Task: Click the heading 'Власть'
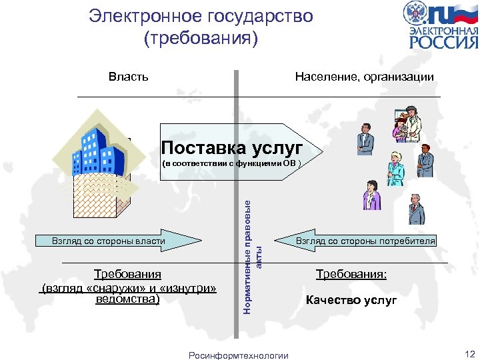click(x=129, y=77)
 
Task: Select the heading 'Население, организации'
click(x=364, y=77)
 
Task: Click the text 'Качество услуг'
click(x=351, y=300)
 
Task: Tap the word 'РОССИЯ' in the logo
click(x=443, y=43)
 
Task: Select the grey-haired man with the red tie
click(x=416, y=209)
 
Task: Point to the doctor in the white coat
click(x=411, y=124)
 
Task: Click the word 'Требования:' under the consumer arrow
click(x=351, y=274)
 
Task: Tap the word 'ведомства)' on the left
click(x=128, y=300)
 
